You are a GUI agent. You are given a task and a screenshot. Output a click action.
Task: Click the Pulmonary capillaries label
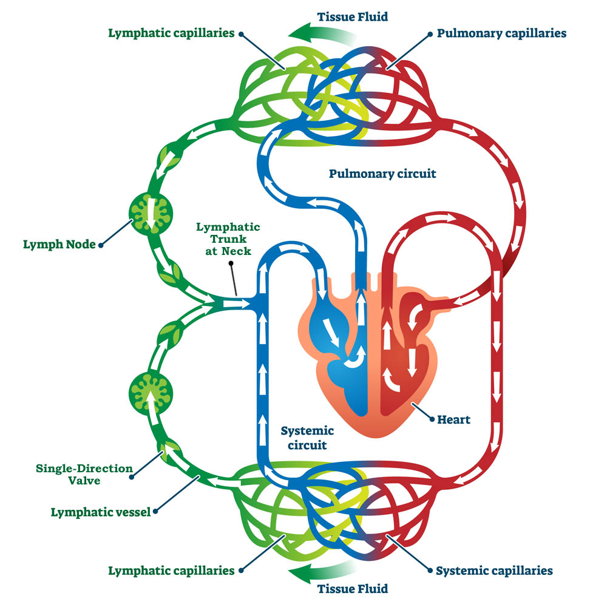[501, 33]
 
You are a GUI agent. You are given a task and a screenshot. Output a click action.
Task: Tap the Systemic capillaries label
[495, 571]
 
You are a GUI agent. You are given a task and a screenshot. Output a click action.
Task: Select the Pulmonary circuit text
[382, 174]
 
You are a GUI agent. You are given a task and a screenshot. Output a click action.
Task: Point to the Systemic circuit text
[307, 438]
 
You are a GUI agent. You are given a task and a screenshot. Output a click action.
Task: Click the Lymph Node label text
[59, 245]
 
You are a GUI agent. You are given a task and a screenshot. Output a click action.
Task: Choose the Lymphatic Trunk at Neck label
[228, 238]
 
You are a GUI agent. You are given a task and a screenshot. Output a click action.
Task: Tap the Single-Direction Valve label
[75, 474]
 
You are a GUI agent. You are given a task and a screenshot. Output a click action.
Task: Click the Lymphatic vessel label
[100, 512]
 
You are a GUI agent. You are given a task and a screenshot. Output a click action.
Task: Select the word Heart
[453, 419]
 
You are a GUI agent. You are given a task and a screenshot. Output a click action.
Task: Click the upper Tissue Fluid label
[353, 16]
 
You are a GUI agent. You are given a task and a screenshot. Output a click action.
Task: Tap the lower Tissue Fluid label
[353, 588]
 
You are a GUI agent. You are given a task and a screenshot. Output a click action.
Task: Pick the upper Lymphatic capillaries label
[171, 33]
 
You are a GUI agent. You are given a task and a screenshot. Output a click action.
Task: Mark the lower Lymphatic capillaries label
[171, 571]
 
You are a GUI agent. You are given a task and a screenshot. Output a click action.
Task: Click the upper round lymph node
[151, 211]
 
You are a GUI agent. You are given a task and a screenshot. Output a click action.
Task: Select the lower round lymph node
[151, 393]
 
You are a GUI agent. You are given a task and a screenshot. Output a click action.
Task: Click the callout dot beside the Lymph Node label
[101, 245]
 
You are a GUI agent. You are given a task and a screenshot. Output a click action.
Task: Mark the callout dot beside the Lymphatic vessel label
[157, 512]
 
